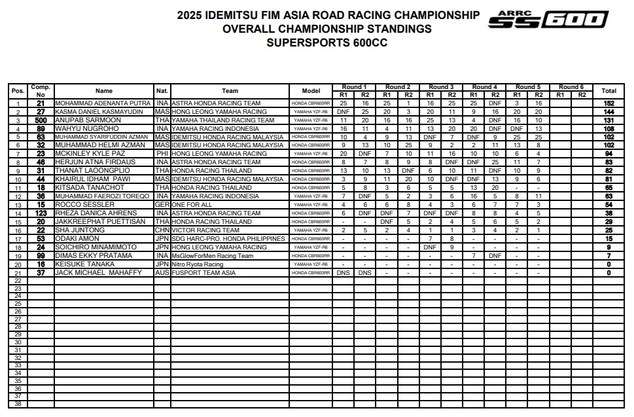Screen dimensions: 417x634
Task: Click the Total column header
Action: coord(608,91)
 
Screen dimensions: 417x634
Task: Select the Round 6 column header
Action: coord(571,86)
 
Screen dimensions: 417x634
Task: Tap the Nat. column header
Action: coord(162,91)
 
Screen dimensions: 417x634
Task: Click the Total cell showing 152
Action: coord(608,103)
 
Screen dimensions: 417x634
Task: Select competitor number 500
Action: coord(41,120)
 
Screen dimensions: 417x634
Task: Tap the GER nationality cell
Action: coord(162,205)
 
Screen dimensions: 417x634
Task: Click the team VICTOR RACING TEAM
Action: coord(205,230)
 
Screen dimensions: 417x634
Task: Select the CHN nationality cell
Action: coord(162,230)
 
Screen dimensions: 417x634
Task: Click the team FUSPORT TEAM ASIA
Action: coord(203,273)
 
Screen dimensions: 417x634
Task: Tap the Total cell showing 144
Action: coord(608,112)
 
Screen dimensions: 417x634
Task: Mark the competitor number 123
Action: coord(41,213)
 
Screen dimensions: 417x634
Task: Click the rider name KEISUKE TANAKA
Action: coord(85,264)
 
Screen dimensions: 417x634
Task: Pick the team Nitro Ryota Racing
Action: coord(198,264)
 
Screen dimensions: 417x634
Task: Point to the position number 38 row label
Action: coord(18,403)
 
